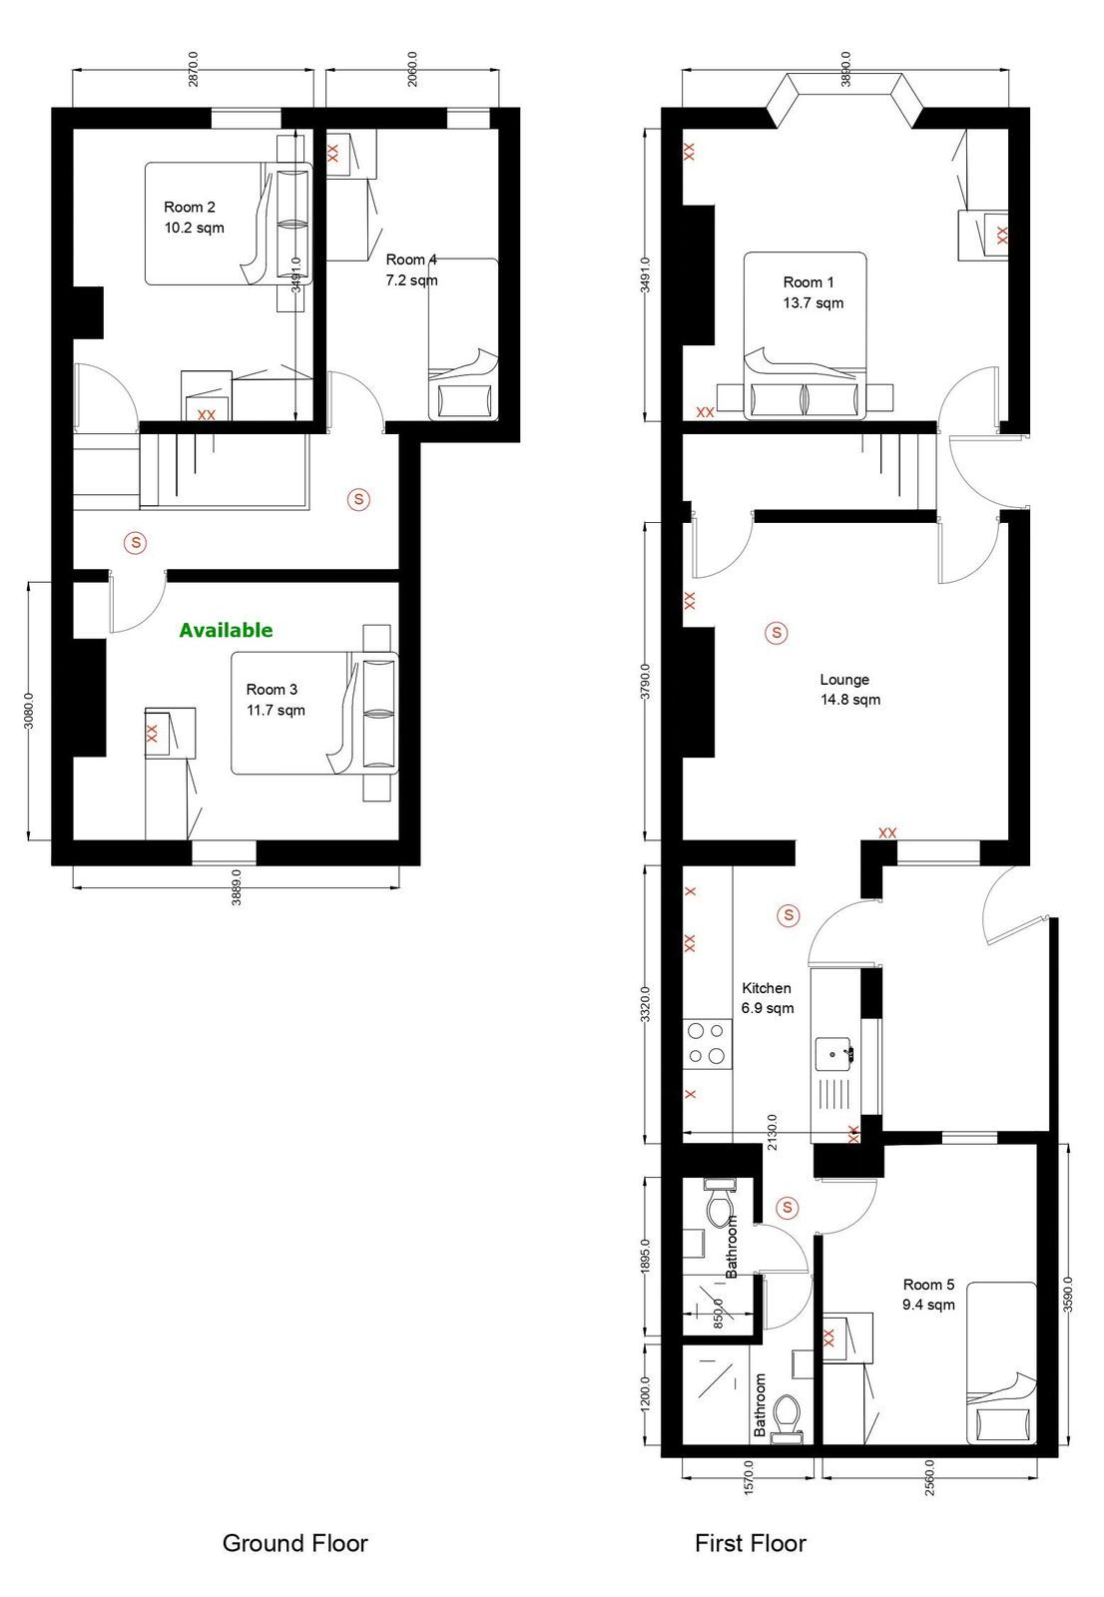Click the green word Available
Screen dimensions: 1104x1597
(x=226, y=630)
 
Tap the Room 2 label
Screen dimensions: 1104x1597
(x=189, y=208)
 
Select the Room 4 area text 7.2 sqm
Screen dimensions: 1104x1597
(x=411, y=280)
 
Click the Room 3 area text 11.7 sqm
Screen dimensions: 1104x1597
(x=276, y=710)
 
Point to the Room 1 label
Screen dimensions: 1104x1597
(x=808, y=282)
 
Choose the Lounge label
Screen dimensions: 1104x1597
(x=844, y=680)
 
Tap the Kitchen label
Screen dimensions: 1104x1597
(x=767, y=988)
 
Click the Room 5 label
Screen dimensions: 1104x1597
(x=928, y=1285)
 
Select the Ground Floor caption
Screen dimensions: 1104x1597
(x=295, y=1543)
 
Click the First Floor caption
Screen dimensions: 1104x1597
(x=751, y=1543)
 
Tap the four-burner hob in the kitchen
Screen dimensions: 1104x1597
(x=707, y=1044)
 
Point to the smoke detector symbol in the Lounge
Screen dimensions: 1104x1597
(x=776, y=633)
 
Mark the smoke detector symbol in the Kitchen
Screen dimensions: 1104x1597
(x=788, y=914)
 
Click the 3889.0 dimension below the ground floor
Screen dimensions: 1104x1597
(x=236, y=887)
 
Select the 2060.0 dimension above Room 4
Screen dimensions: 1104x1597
(x=412, y=69)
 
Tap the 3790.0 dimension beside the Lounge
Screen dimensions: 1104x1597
(x=646, y=682)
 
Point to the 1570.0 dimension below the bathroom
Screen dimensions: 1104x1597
(x=748, y=1477)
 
